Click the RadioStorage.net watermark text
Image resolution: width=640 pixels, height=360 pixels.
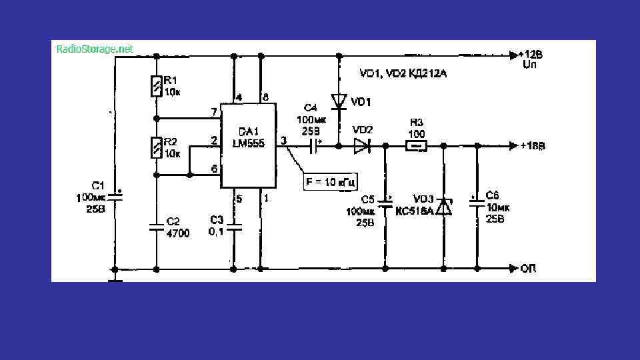[x=95, y=49]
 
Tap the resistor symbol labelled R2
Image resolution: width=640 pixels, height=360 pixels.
[x=156, y=147]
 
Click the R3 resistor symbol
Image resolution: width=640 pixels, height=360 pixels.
[x=417, y=145]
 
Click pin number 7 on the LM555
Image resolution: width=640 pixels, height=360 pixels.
[x=214, y=111]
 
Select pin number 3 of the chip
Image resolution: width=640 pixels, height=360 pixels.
[x=283, y=141]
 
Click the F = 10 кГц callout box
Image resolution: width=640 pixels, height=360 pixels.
[x=331, y=181]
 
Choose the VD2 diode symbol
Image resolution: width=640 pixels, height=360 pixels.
[x=362, y=145]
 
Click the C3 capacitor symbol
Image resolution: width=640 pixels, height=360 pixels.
[x=234, y=227]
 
